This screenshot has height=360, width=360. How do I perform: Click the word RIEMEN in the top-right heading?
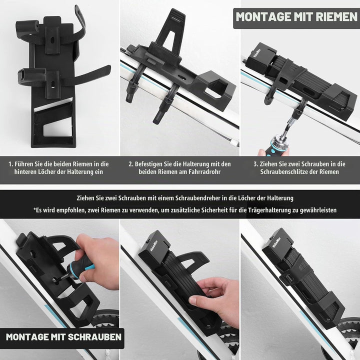(336, 17)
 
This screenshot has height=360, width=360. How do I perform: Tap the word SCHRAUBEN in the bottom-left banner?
(94, 337)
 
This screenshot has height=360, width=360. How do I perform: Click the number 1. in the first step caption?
(10, 164)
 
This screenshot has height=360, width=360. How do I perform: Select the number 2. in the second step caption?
(131, 164)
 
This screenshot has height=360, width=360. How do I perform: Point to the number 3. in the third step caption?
(256, 164)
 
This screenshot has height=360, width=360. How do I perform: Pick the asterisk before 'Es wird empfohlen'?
(34, 209)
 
